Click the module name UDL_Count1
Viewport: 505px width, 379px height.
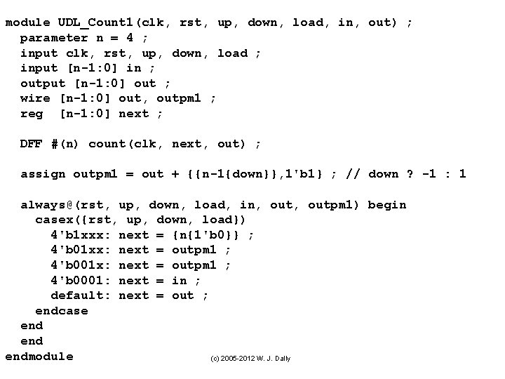pyautogui.click(x=95, y=22)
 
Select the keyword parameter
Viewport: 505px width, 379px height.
pyautogui.click(x=54, y=38)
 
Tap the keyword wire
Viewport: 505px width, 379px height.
pyautogui.click(x=35, y=98)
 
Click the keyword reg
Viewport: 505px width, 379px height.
pyautogui.click(x=32, y=114)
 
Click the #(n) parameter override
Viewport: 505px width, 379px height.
pyautogui.click(x=65, y=144)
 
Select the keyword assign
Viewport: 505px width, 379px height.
pyautogui.click(x=43, y=174)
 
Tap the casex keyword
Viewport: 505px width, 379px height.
pyautogui.click(x=54, y=220)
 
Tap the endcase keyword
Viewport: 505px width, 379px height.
pyautogui.click(x=62, y=311)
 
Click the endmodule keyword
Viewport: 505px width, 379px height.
pyautogui.click(x=39, y=357)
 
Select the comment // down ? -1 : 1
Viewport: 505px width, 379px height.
pyautogui.click(x=407, y=174)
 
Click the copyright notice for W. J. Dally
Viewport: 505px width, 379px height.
pyautogui.click(x=250, y=359)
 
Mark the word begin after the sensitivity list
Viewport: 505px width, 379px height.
pyautogui.click(x=387, y=205)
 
